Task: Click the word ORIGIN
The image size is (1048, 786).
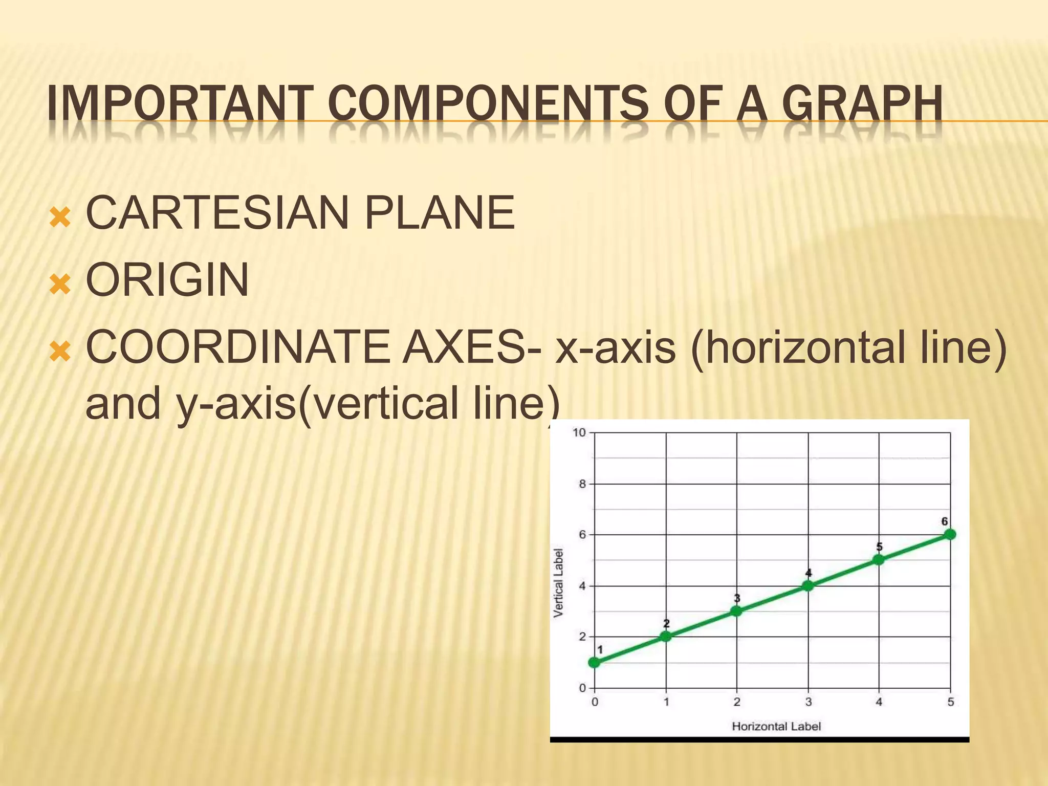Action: [x=167, y=280]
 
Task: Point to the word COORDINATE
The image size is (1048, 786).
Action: [x=237, y=347]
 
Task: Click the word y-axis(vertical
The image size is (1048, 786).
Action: [x=317, y=403]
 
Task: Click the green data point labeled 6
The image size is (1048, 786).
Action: [x=950, y=534]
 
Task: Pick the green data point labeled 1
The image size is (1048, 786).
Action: [x=595, y=662]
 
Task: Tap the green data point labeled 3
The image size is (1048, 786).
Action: [x=736, y=611]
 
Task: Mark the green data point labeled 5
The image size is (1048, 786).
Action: [x=879, y=560]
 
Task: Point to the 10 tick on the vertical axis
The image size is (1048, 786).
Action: [x=579, y=433]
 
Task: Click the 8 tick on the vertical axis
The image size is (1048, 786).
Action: [x=582, y=484]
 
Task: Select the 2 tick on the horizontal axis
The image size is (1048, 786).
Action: [x=737, y=702]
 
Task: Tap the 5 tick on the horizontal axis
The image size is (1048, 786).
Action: [x=950, y=702]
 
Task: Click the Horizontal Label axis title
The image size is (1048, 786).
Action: [x=776, y=726]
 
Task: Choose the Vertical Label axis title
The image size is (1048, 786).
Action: [x=559, y=582]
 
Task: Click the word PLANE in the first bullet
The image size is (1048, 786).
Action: [x=439, y=213]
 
